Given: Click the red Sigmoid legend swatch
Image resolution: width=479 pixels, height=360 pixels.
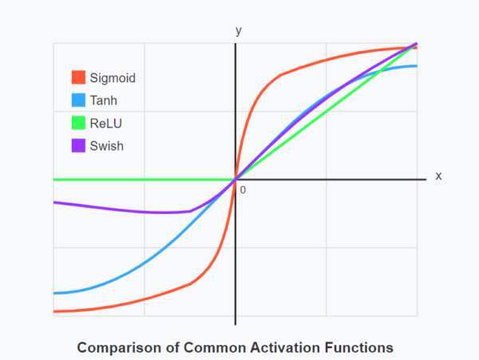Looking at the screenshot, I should point(78,77).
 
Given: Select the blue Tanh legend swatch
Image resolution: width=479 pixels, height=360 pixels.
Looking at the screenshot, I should point(78,101).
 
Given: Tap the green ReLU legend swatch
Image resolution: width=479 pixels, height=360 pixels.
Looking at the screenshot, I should point(78,123).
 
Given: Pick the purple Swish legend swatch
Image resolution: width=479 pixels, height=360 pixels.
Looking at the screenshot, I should point(78,145).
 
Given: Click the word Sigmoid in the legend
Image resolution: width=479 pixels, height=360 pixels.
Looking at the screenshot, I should point(113,78).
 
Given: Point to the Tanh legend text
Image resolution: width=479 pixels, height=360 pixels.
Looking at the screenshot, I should point(104,101).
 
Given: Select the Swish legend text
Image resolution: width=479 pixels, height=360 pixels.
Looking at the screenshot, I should point(107,145).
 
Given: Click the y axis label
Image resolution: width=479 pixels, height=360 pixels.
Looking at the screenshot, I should point(238,30).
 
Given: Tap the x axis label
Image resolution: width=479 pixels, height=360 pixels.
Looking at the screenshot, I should point(438,176).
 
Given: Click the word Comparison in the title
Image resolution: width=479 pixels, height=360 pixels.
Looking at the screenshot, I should point(118,348).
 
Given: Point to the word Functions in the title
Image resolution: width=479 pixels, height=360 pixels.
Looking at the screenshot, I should point(361,348).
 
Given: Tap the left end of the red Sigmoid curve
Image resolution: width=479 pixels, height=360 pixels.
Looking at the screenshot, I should point(53,311).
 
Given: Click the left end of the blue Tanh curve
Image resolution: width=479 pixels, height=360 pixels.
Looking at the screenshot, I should point(53,293).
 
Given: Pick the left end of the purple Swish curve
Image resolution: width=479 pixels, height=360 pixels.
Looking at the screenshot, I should point(53,203).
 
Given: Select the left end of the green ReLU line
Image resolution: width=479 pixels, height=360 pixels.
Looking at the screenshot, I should point(53,180).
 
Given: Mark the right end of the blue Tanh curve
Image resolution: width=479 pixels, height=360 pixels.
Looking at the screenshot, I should point(417,65).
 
